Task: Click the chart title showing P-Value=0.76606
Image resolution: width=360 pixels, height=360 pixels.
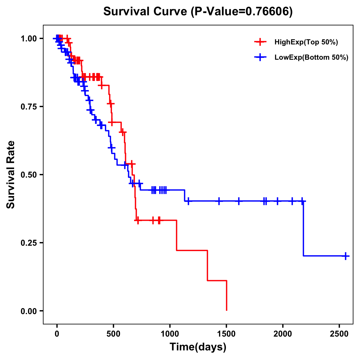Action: (x=198, y=11)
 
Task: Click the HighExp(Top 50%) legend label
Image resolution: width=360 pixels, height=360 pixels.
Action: (x=306, y=42)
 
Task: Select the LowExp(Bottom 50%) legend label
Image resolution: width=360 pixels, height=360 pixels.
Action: (x=311, y=58)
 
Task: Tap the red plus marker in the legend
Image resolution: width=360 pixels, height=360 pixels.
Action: (x=260, y=42)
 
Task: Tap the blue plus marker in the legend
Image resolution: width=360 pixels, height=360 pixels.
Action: (x=260, y=58)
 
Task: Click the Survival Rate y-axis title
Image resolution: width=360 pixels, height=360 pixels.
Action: (x=11, y=175)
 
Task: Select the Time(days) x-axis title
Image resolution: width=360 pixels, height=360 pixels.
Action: (x=198, y=347)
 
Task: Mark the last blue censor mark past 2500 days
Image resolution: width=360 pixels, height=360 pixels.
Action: (x=346, y=256)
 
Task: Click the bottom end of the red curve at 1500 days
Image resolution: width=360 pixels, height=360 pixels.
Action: (x=226, y=310)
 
